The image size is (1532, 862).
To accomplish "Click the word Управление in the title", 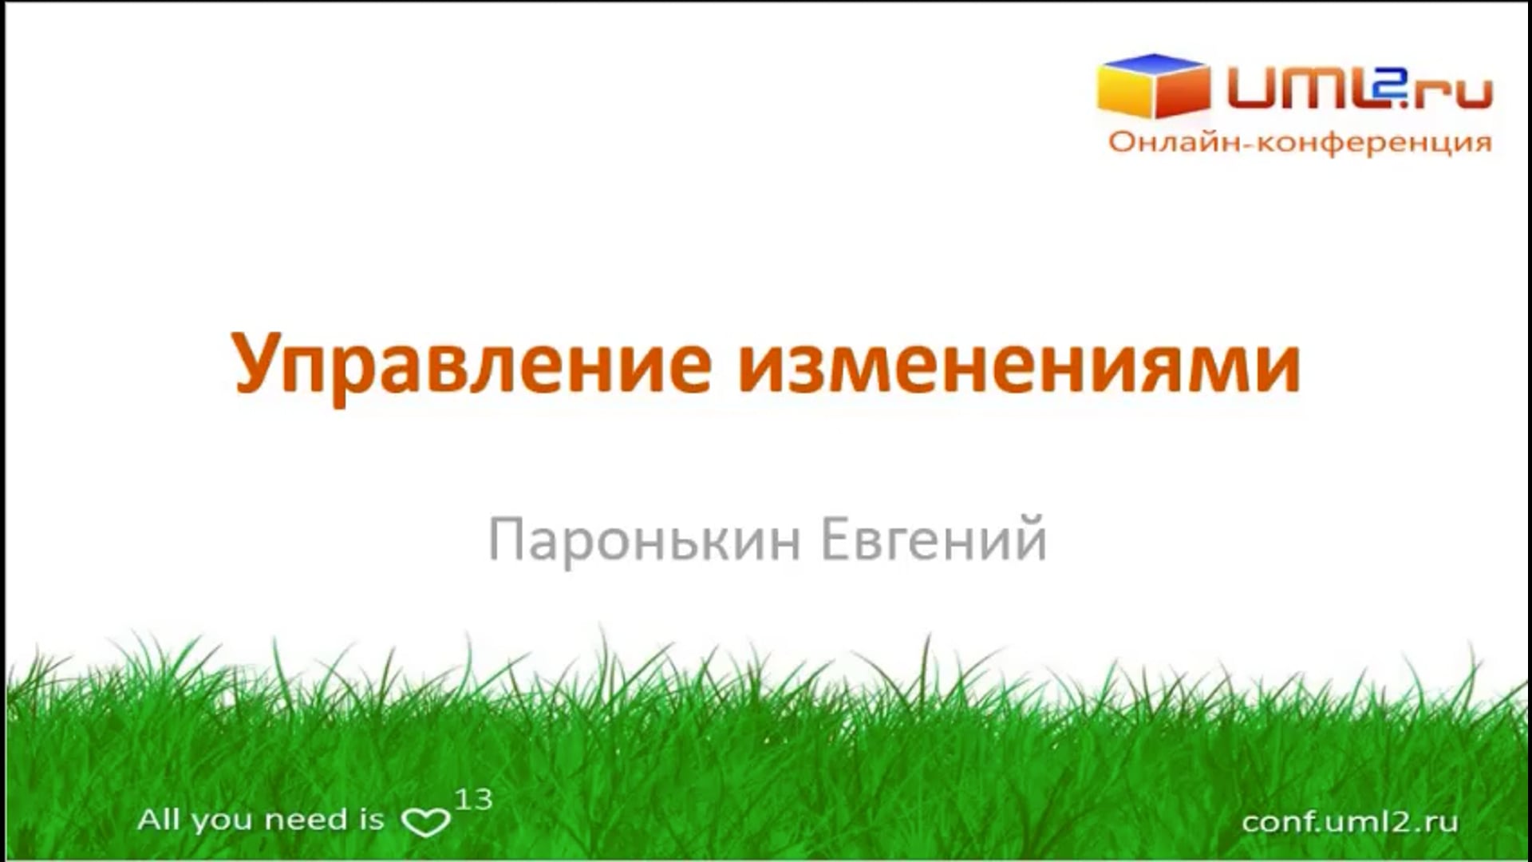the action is pos(472,365).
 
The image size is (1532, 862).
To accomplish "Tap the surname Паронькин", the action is pos(645,540).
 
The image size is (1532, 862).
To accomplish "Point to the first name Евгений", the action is pos(934,540).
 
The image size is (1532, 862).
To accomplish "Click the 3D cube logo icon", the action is pos(1153,85).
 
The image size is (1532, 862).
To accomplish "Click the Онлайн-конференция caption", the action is pos(1300,142).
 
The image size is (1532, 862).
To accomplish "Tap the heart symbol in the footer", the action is pos(425,822).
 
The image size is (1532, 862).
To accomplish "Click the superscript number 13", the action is pos(473,799).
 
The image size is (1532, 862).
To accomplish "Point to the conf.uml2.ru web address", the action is pos(1349,821).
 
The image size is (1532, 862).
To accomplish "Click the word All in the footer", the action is pos(159,820).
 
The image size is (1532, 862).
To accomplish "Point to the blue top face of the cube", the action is pos(1154,64).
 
